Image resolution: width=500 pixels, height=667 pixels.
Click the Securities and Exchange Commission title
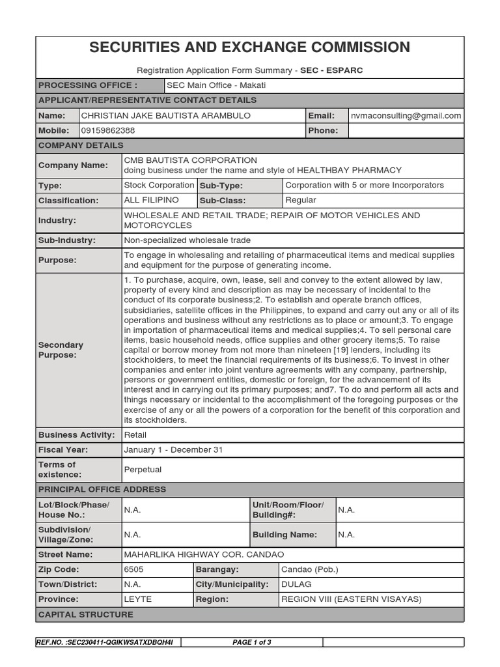coord(249,48)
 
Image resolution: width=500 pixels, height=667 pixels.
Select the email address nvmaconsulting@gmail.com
coord(406,115)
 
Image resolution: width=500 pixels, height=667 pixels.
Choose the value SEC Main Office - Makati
coord(217,85)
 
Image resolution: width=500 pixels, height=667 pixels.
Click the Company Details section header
coord(81,145)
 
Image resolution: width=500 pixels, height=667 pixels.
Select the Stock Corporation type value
coord(159,186)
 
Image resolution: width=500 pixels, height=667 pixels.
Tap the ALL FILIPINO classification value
coord(151,201)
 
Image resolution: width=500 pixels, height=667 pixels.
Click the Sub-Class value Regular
coord(301,201)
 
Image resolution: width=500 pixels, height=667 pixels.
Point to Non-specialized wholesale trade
coord(187,240)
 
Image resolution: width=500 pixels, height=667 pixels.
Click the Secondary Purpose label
coord(61,350)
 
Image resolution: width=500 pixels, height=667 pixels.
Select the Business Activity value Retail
coord(135,435)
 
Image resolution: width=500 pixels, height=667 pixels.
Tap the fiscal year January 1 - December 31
coord(173,450)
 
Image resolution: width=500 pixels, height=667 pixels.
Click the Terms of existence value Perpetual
coord(143,470)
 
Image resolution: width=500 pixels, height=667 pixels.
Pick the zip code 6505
coord(134,569)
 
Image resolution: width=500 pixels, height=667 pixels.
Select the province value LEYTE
coord(137,599)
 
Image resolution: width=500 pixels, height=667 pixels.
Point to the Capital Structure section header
coord(86,614)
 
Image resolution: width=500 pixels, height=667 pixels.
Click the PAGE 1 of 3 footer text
coord(252,642)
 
